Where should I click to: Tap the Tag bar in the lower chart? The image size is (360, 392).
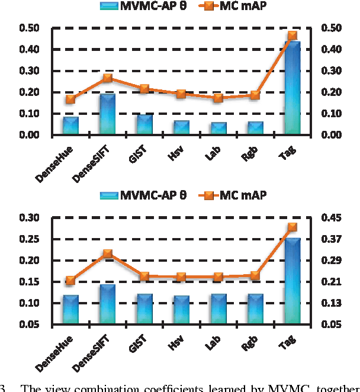click(292, 281)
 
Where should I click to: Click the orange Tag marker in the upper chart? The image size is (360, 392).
click(292, 36)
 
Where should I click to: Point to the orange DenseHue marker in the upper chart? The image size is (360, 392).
click(70, 99)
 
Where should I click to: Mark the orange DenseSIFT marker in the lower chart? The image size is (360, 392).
click(108, 253)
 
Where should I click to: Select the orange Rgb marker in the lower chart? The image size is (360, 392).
click(255, 275)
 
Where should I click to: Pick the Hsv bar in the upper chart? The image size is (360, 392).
click(181, 128)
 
